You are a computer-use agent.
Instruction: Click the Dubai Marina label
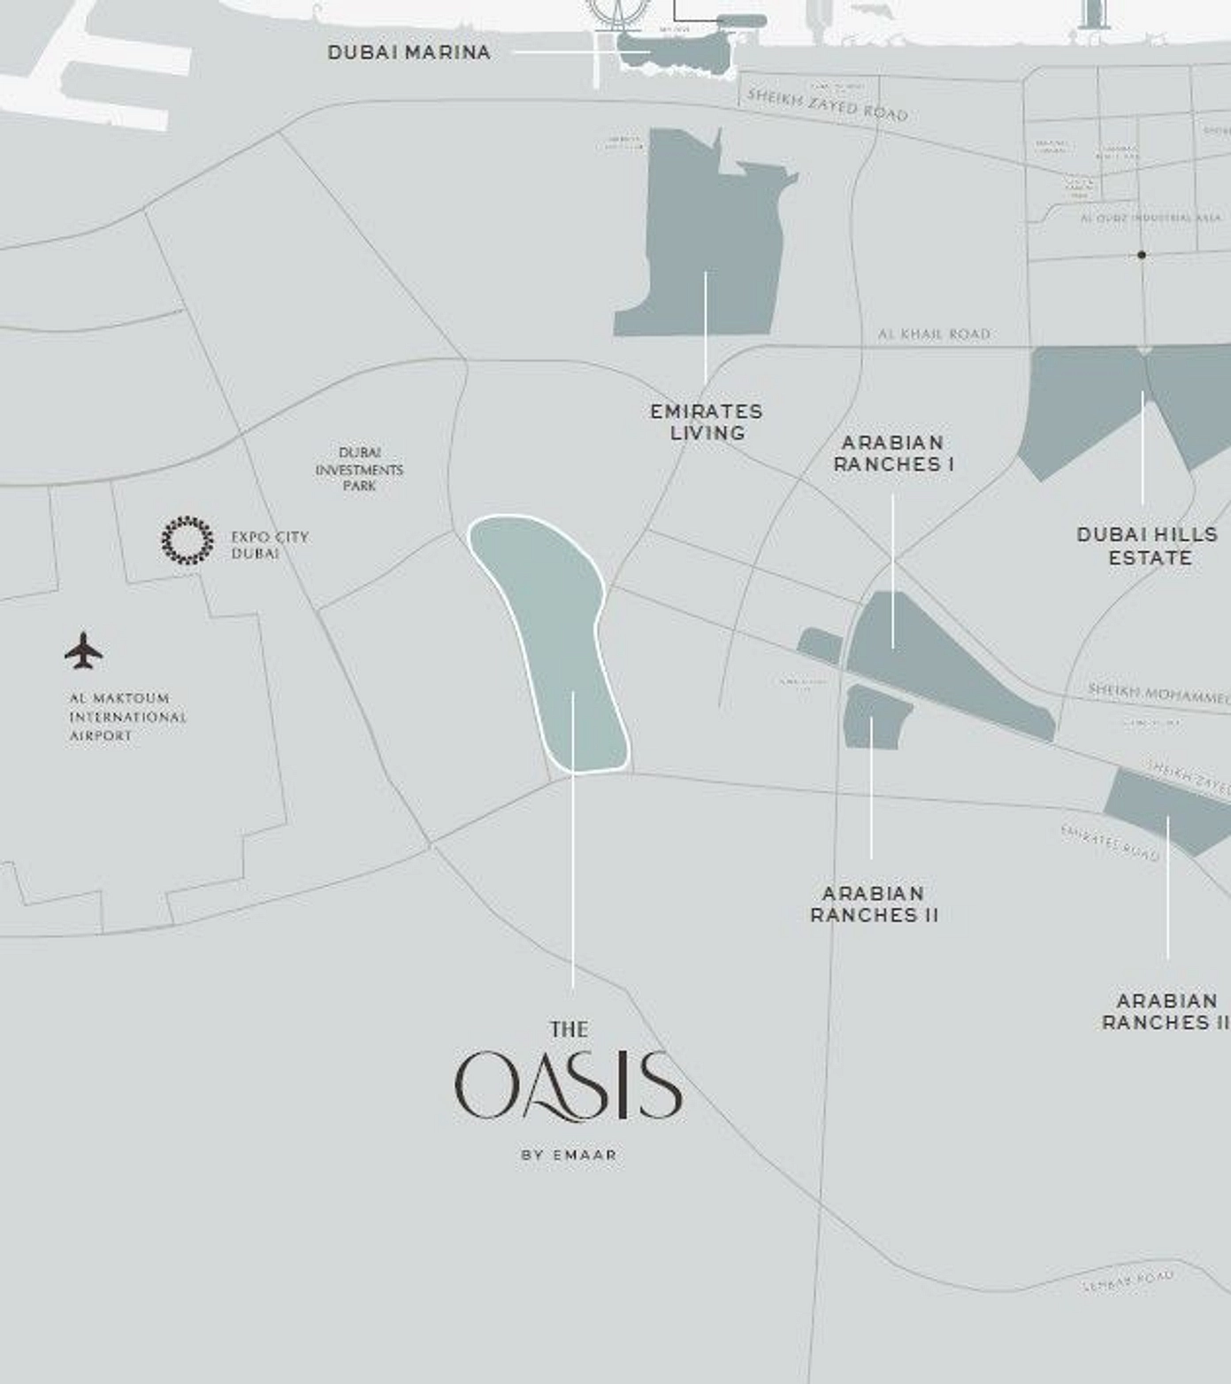(409, 52)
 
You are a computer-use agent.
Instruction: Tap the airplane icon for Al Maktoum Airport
(83, 651)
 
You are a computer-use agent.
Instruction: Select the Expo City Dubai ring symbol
(187, 540)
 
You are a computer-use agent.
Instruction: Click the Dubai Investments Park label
(359, 469)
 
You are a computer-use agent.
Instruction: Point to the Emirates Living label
(706, 422)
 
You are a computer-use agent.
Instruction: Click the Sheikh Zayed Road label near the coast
(827, 104)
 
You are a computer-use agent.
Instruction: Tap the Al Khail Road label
(934, 334)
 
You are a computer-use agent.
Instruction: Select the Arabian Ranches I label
(893, 453)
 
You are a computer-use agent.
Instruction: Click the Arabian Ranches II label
(874, 904)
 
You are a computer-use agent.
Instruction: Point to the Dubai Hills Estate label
(1148, 546)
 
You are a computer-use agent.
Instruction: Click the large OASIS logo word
(569, 1086)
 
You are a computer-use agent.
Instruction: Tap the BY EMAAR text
(569, 1155)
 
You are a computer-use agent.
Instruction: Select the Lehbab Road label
(1128, 1280)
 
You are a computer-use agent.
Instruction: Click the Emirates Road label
(1109, 842)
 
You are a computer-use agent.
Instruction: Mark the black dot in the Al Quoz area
(1142, 255)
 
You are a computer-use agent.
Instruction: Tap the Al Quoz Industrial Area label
(1150, 217)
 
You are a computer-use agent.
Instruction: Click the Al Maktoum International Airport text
(127, 717)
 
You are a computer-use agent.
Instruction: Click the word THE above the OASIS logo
(569, 1029)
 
